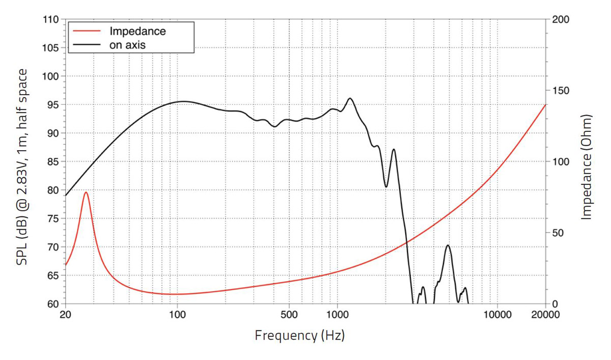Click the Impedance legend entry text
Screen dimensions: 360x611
pyautogui.click(x=138, y=31)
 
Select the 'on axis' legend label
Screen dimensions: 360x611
pyautogui.click(x=128, y=44)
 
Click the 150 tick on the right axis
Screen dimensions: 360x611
pyautogui.click(x=561, y=91)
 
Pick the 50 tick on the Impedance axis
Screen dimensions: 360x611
pyautogui.click(x=558, y=233)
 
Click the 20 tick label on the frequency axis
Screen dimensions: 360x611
pyautogui.click(x=65, y=315)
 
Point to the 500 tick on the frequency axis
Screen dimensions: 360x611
pyautogui.click(x=289, y=315)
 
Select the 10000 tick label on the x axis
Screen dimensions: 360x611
pyautogui.click(x=497, y=315)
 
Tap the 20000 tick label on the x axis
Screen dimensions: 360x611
pyautogui.click(x=545, y=315)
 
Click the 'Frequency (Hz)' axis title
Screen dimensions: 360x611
pyautogui.click(x=299, y=336)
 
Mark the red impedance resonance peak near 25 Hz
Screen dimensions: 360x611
pyautogui.click(x=86, y=192)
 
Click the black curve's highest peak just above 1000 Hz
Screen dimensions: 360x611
pyautogui.click(x=350, y=98)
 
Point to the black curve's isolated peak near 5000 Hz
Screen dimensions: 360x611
pyautogui.click(x=448, y=245)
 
